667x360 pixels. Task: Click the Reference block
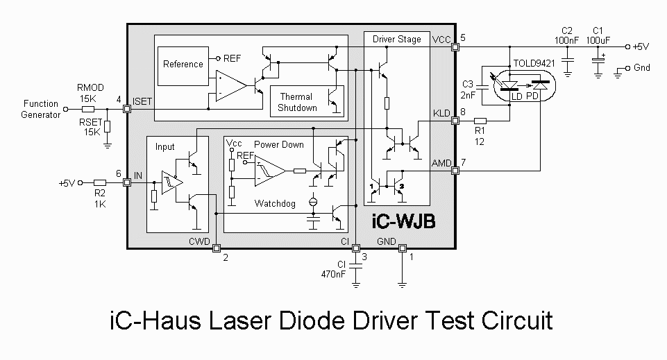(183, 65)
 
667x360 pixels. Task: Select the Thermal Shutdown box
(297, 102)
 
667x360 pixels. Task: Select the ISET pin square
(127, 109)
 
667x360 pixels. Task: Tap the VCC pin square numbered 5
(455, 46)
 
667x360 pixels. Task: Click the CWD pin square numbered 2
(216, 248)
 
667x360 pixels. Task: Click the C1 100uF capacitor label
(598, 35)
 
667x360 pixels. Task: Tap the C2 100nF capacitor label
(568, 35)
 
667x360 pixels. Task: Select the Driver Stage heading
(396, 39)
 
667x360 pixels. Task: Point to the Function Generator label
(40, 109)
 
